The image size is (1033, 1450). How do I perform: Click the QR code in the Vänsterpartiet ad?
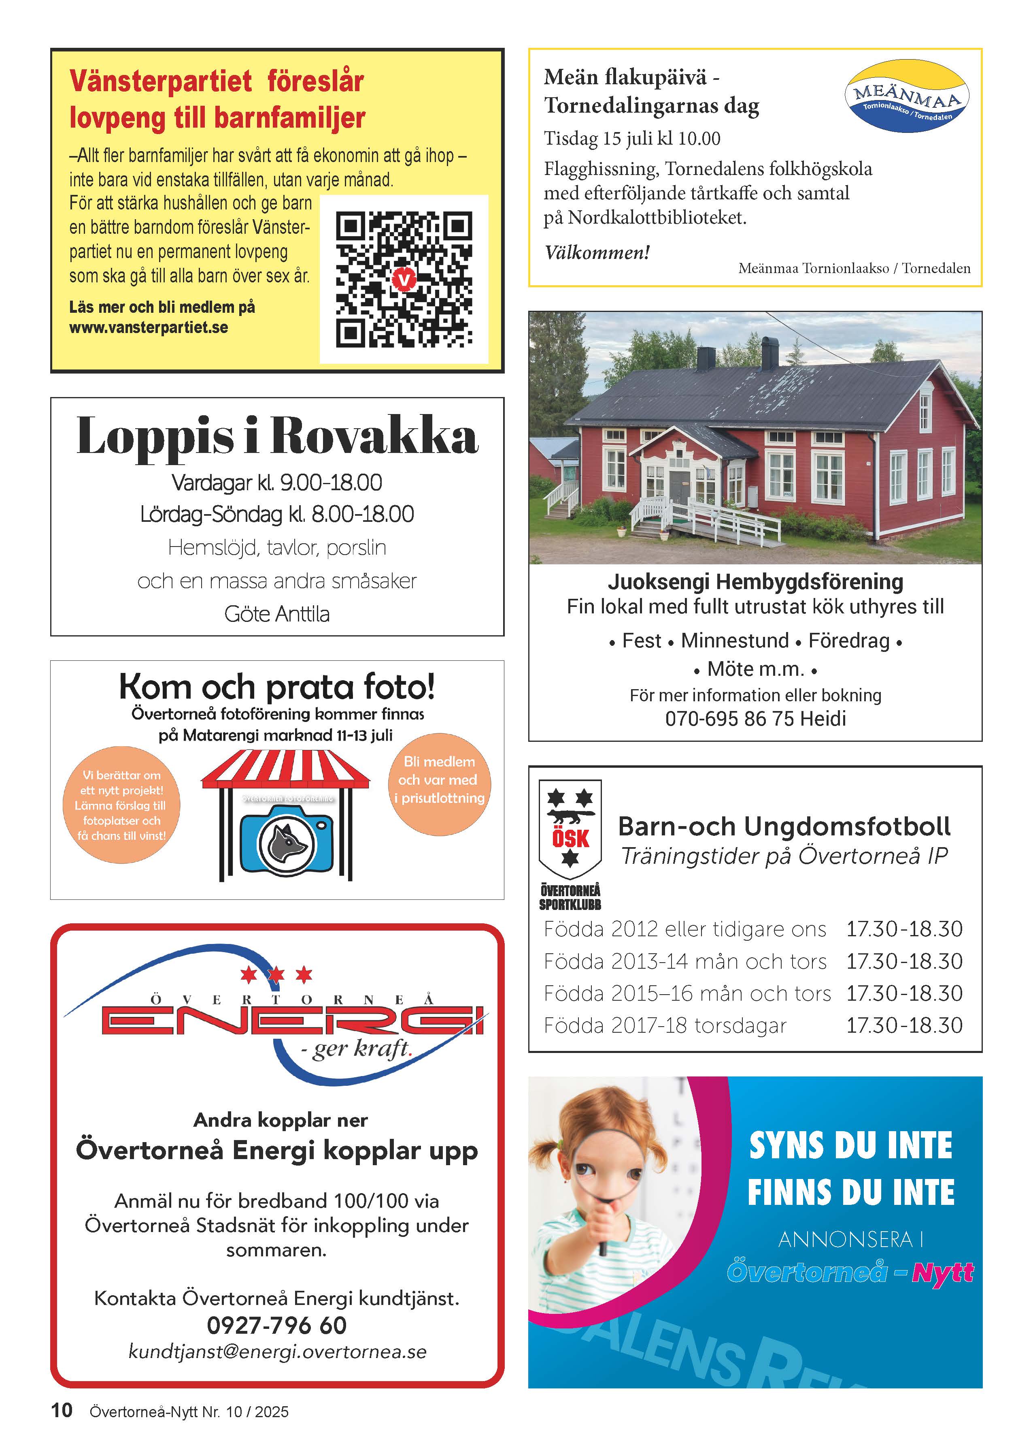tap(404, 280)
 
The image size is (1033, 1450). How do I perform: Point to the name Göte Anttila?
tap(277, 614)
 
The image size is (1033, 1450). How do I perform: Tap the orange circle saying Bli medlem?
tap(439, 780)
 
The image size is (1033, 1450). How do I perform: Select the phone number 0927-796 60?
tap(277, 1325)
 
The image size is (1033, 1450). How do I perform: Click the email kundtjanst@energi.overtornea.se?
tap(277, 1351)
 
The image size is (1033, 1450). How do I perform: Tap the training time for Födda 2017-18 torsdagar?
tap(904, 1025)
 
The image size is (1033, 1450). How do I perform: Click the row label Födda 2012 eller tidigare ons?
tap(684, 929)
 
